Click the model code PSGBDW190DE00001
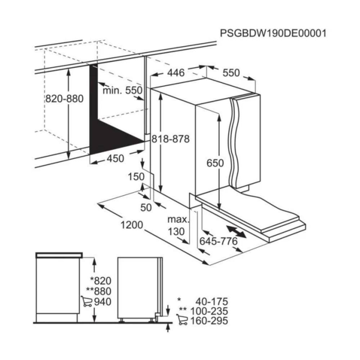click(273, 33)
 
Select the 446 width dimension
click(176, 73)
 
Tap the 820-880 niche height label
click(64, 99)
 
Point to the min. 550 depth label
click(122, 90)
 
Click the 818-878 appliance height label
click(171, 139)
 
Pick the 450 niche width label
click(115, 158)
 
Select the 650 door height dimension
click(215, 163)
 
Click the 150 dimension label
click(136, 177)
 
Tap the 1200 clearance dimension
click(132, 225)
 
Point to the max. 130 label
click(178, 225)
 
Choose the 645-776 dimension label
click(219, 241)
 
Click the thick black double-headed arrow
click(236, 231)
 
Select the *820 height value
click(100, 281)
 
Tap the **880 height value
click(99, 291)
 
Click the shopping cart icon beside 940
click(86, 301)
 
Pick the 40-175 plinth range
click(212, 301)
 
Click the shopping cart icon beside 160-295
click(182, 320)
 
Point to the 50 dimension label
click(146, 208)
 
